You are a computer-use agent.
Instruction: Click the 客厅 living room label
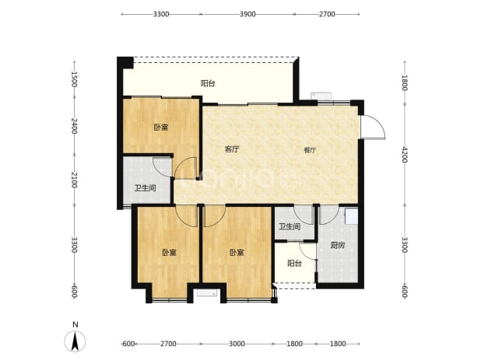pyautogui.click(x=232, y=149)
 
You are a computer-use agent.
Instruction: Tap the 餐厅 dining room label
pyautogui.click(x=310, y=150)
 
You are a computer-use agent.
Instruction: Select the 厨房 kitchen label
pyautogui.click(x=338, y=245)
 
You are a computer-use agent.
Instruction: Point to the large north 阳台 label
pyautogui.click(x=208, y=83)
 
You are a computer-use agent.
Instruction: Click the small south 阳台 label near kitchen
pyautogui.click(x=294, y=263)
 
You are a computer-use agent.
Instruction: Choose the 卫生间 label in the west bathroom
pyautogui.click(x=145, y=188)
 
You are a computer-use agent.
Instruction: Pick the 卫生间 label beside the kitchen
pyautogui.click(x=290, y=227)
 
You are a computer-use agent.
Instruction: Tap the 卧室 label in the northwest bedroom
pyautogui.click(x=161, y=127)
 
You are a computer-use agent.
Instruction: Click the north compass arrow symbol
pyautogui.click(x=75, y=341)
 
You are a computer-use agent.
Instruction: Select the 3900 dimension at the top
pyautogui.click(x=248, y=14)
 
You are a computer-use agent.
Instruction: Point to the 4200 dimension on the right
pyautogui.click(x=405, y=155)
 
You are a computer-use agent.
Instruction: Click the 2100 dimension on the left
pyautogui.click(x=74, y=180)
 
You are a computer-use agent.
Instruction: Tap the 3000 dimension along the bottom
pyautogui.click(x=237, y=344)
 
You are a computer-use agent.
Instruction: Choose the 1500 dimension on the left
pyautogui.click(x=74, y=79)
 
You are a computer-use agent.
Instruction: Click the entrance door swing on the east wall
pyautogui.click(x=373, y=128)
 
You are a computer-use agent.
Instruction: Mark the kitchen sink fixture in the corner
pyautogui.click(x=351, y=216)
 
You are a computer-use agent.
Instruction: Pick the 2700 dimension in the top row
pyautogui.click(x=327, y=14)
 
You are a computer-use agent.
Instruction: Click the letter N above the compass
pyautogui.click(x=75, y=325)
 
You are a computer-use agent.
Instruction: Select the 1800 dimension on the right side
pyautogui.click(x=405, y=82)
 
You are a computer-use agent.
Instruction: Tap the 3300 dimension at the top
pyautogui.click(x=161, y=14)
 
